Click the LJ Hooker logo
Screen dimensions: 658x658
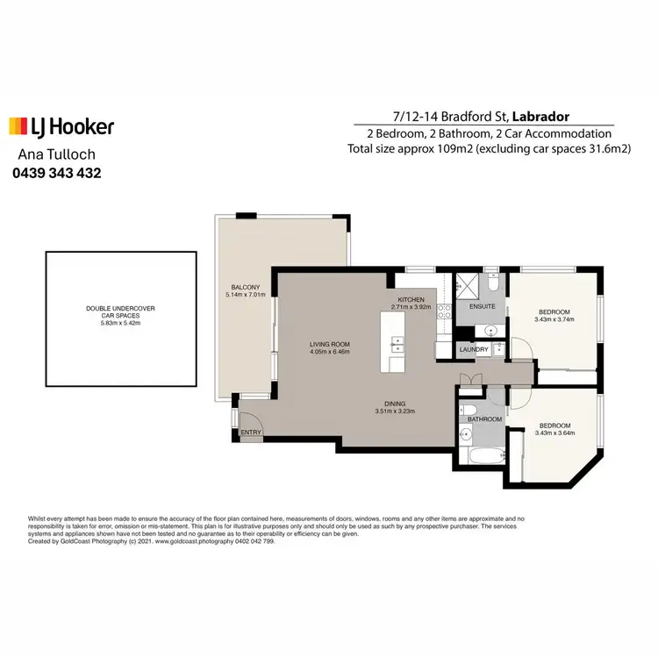click(61, 127)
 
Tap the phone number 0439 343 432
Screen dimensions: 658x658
click(56, 174)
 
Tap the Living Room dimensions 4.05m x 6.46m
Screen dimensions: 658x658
click(330, 352)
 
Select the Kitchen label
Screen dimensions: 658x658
click(411, 300)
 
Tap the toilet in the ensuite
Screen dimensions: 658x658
click(493, 284)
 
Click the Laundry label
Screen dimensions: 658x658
click(474, 350)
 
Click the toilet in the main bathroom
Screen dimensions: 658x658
click(469, 409)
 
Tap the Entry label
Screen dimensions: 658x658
click(250, 432)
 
